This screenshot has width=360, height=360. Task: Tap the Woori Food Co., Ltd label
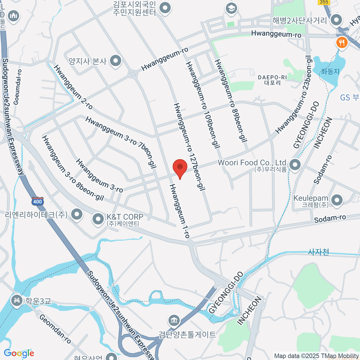click(252, 163)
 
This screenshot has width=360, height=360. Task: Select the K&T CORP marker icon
click(98, 219)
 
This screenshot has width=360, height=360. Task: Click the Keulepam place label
click(311, 198)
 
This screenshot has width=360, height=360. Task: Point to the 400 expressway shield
click(37, 201)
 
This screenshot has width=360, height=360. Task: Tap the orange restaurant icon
click(341, 43)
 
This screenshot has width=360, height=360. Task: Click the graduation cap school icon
click(231, 9)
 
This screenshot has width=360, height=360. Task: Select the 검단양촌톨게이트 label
click(187, 334)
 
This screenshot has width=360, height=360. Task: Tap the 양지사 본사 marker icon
click(115, 61)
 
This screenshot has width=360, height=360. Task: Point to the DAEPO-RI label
click(272, 77)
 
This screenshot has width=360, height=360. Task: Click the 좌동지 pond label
click(330, 71)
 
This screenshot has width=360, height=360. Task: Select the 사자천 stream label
click(319, 252)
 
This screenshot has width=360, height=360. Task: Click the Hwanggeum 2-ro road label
click(73, 87)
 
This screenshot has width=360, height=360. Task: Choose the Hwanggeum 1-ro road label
click(179, 211)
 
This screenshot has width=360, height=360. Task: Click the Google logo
click(19, 353)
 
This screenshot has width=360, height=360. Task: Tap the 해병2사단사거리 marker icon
click(336, 20)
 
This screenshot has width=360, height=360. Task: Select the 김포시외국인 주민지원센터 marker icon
click(165, 8)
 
